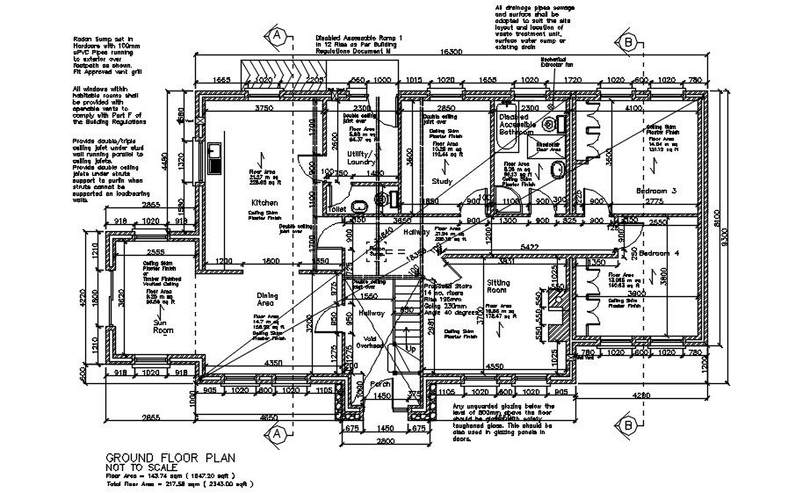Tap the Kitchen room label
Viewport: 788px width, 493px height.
264,202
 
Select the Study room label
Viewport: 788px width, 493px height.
441,181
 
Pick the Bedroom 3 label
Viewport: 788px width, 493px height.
656,191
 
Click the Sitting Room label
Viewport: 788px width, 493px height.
498,287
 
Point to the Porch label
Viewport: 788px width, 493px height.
380,384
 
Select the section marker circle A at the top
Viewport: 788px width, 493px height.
276,35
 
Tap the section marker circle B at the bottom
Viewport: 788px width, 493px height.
629,426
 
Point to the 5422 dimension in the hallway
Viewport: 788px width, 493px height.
528,248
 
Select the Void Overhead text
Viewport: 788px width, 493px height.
368,342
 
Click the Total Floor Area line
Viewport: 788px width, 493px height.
180,484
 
